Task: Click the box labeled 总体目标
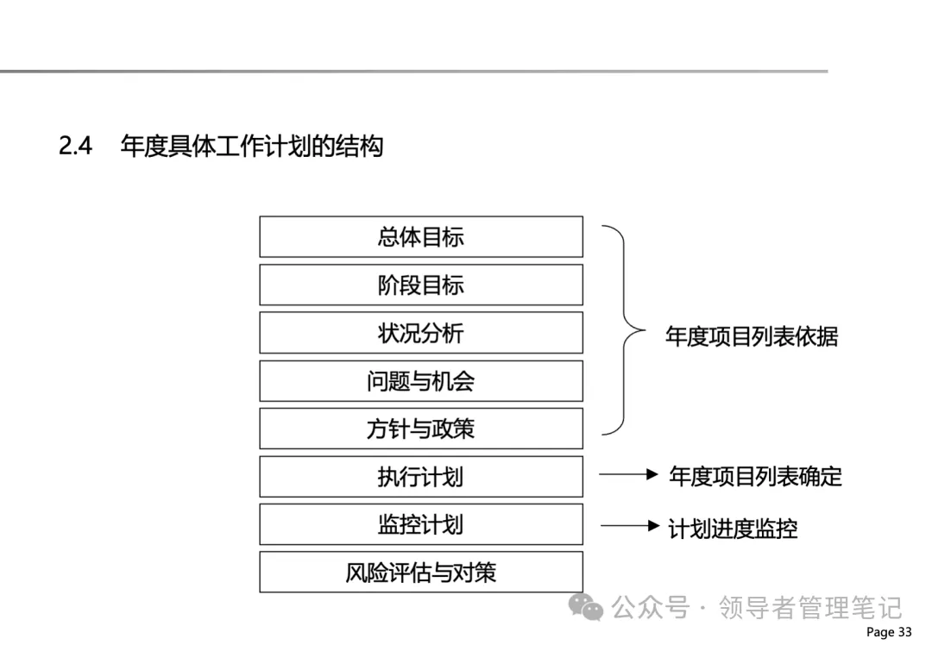[x=420, y=237]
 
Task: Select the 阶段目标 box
[x=420, y=285]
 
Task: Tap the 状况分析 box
[x=420, y=333]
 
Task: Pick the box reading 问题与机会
[x=420, y=381]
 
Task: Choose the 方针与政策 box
[x=420, y=429]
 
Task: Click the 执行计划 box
[x=420, y=477]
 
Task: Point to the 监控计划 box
[x=420, y=524]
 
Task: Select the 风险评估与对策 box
[x=420, y=573]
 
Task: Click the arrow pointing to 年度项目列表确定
[x=628, y=474]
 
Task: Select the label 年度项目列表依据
[x=751, y=335]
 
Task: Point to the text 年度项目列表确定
[x=755, y=476]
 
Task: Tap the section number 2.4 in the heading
[x=76, y=147]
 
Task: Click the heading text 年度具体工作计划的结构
[x=252, y=147]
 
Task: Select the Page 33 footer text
[x=888, y=632]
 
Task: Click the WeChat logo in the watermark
[x=591, y=609]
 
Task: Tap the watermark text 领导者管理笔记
[x=810, y=608]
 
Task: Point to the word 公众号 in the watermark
[x=651, y=608]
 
